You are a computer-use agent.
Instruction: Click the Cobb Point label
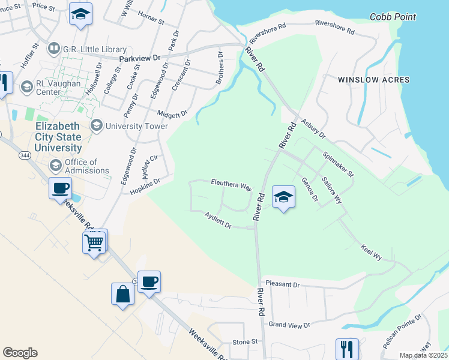393,17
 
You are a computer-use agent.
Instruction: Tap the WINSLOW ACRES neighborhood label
373,79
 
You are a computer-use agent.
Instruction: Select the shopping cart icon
95,242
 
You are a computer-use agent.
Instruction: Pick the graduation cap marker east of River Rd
283,197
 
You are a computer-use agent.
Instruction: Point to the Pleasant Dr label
283,284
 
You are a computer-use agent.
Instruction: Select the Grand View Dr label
289,325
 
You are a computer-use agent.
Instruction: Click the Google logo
20,353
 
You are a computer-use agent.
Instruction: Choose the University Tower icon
96,126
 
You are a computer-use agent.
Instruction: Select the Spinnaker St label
338,164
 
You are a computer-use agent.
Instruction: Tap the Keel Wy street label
371,251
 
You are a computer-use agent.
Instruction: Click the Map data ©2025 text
423,355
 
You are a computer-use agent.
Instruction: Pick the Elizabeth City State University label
58,137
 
